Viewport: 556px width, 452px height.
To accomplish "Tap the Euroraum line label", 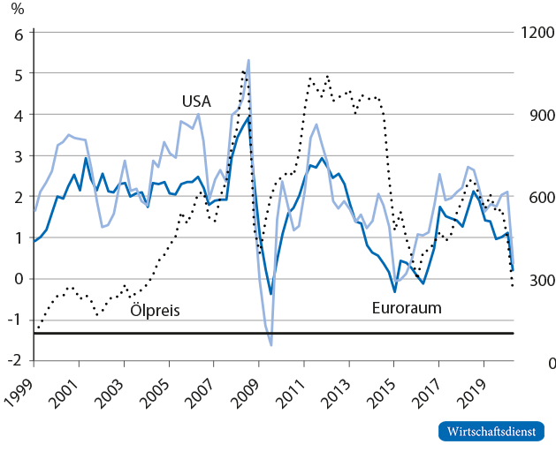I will pyautogui.click(x=406, y=308).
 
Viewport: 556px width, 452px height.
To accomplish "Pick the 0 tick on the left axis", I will pyautogui.click(x=19, y=278).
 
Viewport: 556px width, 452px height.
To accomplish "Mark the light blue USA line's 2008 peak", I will pyautogui.click(x=248, y=60).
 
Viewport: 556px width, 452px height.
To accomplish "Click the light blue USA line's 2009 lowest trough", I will pyautogui.click(x=270, y=345).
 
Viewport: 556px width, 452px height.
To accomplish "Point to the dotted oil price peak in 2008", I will pyautogui.click(x=243, y=71).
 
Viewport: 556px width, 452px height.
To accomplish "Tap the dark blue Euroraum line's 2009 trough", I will pyautogui.click(x=270, y=294).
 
